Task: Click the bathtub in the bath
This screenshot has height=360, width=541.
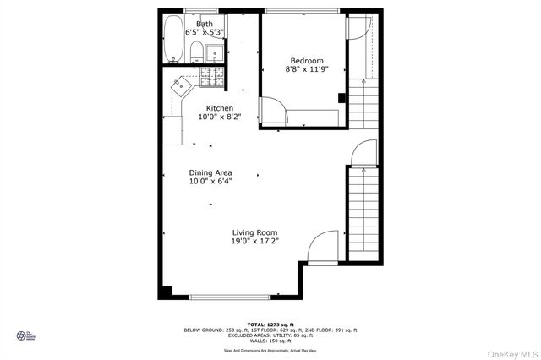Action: point(173,38)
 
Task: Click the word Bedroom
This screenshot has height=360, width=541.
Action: point(307,61)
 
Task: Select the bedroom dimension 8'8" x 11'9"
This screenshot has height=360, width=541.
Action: point(307,70)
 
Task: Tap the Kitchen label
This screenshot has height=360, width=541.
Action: point(220,108)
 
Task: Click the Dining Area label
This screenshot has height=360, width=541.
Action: point(210,172)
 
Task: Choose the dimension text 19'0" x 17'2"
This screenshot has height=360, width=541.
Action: point(255,241)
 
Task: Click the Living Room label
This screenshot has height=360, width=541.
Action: point(255,232)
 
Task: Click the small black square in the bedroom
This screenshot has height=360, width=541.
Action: point(342,97)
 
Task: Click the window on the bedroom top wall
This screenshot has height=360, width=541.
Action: point(304,10)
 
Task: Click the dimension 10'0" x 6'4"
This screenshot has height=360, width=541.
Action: point(210,182)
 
